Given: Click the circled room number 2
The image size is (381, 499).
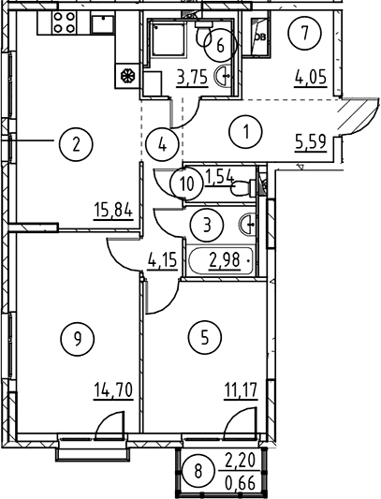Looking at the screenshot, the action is coord(76,145).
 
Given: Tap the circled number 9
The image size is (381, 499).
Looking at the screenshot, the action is coord(77,338).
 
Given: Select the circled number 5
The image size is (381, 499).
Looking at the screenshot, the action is coord(205,337).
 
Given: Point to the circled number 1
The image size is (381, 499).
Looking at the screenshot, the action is coord(246,132).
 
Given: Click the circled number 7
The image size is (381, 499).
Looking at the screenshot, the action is coord(305,33).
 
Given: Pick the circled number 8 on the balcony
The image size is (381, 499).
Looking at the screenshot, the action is coord(198,471).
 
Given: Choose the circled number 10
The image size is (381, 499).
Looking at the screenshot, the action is coord(186,184).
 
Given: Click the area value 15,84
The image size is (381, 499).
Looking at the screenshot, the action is coord(113,211).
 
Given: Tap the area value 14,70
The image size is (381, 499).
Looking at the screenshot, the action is coord(113,390).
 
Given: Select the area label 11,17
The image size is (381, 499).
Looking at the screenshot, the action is coord(240,390).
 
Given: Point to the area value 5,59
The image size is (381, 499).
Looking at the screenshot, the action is coord(311,143).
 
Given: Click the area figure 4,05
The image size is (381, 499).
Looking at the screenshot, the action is coord(311,78).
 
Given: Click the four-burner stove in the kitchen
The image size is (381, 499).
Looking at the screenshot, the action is coord(65,22).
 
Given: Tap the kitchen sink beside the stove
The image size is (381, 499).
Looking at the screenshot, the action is coord(102,23).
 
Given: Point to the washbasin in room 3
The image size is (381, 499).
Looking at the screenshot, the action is coord(247,225).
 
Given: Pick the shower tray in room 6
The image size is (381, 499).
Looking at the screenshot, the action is coord(168,39).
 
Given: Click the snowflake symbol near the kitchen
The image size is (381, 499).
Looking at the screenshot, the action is coord(127,77).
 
